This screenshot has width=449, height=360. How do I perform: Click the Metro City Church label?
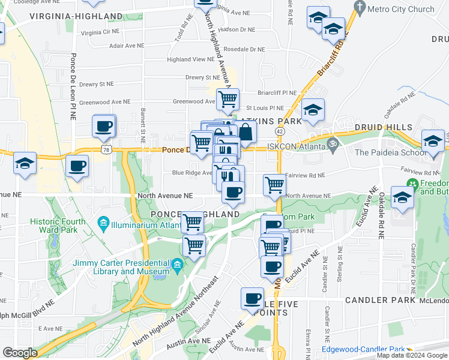pyautogui.click(x=403, y=9)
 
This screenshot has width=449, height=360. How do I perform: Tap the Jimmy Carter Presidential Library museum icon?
pyautogui.click(x=177, y=264)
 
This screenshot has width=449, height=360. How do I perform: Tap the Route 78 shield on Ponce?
pyautogui.click(x=106, y=148)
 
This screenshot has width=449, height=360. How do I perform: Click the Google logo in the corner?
pyautogui.click(x=20, y=353)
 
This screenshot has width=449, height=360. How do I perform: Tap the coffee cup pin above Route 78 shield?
pyautogui.click(x=103, y=126)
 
